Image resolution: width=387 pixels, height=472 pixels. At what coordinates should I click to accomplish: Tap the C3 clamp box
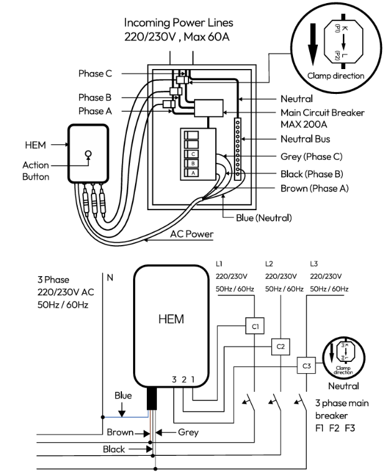[305, 365]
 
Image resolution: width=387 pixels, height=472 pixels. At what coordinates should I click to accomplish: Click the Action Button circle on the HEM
[88, 153]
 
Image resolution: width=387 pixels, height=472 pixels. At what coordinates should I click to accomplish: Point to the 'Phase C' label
[95, 73]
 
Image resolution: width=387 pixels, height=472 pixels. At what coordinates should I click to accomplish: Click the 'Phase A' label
[91, 111]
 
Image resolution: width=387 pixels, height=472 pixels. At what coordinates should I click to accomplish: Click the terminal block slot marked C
[193, 154]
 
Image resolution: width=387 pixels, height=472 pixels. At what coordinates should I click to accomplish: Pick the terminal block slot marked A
[193, 173]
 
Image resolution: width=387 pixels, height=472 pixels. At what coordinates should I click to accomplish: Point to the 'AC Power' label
[192, 234]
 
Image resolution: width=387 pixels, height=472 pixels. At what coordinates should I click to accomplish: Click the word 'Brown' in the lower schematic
[120, 432]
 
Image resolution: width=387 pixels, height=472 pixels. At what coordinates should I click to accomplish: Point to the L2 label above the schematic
[269, 264]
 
